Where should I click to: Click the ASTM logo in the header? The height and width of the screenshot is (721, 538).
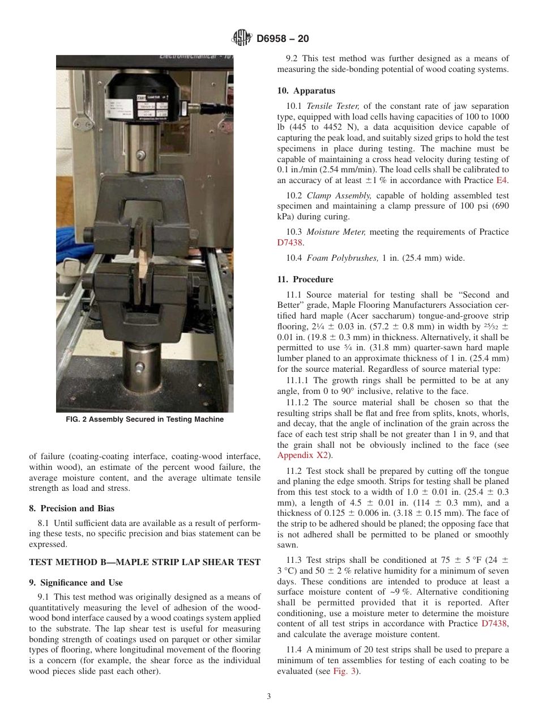point(242,39)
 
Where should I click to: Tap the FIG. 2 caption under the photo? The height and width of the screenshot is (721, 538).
point(144,419)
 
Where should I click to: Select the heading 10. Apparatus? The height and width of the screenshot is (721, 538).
point(306,91)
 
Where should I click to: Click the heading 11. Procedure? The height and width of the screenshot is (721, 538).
point(305,279)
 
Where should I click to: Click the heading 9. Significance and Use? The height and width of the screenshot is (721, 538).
point(75,583)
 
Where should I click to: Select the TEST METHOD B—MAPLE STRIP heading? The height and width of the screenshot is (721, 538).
point(144,562)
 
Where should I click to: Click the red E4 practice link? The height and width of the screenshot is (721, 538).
point(502,181)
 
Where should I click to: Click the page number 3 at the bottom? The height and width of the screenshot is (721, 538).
point(269,697)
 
